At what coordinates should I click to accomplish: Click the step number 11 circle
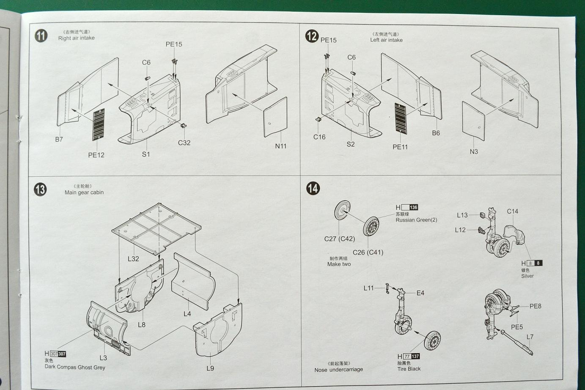tap(41, 36)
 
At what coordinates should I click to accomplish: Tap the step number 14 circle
tap(313, 188)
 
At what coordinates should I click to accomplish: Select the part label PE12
tap(96, 155)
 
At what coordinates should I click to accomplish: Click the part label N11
tap(280, 146)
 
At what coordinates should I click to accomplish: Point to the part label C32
tap(184, 143)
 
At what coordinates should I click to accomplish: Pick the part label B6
tap(436, 133)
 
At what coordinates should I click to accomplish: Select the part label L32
tap(133, 258)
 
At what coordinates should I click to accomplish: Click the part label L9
tap(210, 368)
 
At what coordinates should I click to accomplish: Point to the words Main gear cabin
tap(84, 192)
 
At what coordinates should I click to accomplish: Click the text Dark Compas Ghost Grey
tap(75, 367)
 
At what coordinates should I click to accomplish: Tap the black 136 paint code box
tap(413, 207)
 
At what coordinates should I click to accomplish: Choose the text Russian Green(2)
tap(416, 220)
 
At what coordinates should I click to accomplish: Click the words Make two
tap(339, 264)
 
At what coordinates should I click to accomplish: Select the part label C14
tap(512, 211)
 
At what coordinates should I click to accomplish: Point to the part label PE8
tap(535, 306)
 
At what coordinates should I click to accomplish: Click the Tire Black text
tap(409, 369)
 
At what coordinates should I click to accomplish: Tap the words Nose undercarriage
tap(338, 370)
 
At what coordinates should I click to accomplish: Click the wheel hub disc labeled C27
tap(342, 211)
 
